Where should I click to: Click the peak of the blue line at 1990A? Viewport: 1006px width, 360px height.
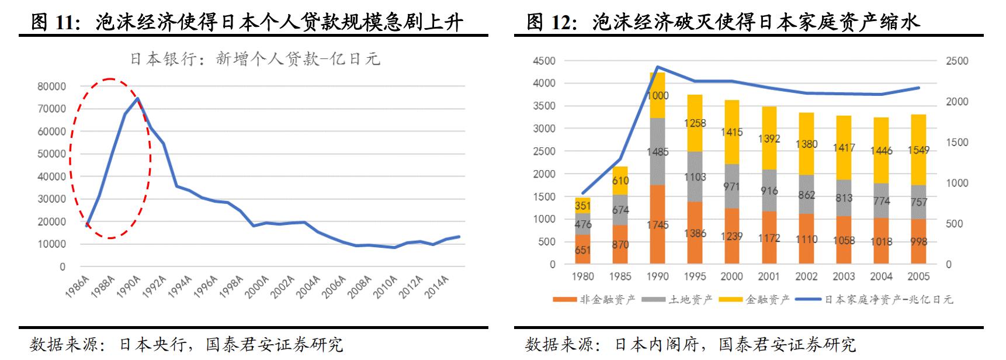pos(137,99)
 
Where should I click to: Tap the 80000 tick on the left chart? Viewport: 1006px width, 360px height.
pos(51,86)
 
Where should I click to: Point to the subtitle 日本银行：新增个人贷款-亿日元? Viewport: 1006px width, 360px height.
pos(255,59)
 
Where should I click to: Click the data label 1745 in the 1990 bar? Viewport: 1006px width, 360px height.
pos(658,225)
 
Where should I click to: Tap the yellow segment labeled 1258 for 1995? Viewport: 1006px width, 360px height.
pos(695,123)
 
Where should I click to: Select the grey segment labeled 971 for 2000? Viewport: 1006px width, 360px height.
pos(731,186)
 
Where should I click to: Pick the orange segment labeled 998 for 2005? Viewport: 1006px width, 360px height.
pos(918,241)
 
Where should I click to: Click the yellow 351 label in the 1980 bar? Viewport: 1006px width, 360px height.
pos(582,206)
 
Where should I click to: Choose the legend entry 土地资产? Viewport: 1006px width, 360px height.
pos(678,300)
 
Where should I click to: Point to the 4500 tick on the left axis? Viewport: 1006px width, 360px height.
pos(544,61)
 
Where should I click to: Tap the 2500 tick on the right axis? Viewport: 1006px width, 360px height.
pos(957,61)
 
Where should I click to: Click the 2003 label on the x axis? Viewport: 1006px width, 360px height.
pos(844,276)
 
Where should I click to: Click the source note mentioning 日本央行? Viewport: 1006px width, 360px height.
pos(186,344)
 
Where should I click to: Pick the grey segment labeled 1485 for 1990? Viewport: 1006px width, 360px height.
pos(658,151)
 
